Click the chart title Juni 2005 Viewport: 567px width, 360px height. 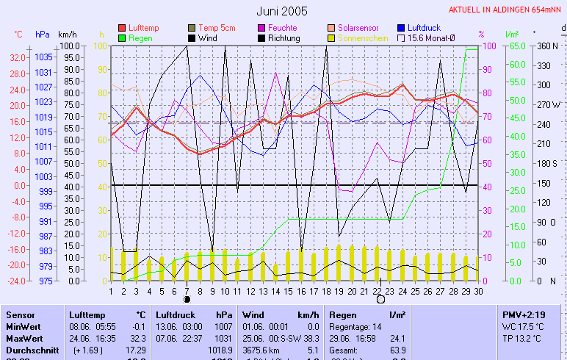coord(283,12)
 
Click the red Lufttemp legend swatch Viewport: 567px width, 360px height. coord(122,28)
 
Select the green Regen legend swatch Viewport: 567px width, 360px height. coord(122,37)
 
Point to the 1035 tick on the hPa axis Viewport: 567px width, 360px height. coord(43,57)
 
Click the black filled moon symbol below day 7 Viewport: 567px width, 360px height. coord(187,299)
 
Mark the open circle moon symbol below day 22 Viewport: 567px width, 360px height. coord(380,299)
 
